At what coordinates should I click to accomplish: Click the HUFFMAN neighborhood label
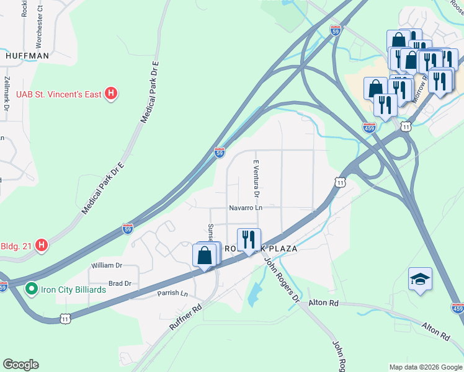point(27,55)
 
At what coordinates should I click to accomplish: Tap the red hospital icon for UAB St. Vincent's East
point(111,94)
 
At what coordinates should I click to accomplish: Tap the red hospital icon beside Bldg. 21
point(41,246)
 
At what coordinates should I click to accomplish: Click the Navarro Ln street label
point(245,208)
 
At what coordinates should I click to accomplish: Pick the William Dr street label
point(106,265)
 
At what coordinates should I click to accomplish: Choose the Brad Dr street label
point(120,283)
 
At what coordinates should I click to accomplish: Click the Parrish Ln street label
point(172,293)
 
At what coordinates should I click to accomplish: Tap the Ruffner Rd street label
point(185,317)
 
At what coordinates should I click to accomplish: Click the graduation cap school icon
point(420,280)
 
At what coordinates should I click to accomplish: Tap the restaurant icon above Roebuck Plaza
point(248,239)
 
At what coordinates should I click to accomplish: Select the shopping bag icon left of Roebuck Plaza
point(205,255)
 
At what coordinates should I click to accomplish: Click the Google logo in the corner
point(20,365)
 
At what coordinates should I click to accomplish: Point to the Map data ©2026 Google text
point(425,367)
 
